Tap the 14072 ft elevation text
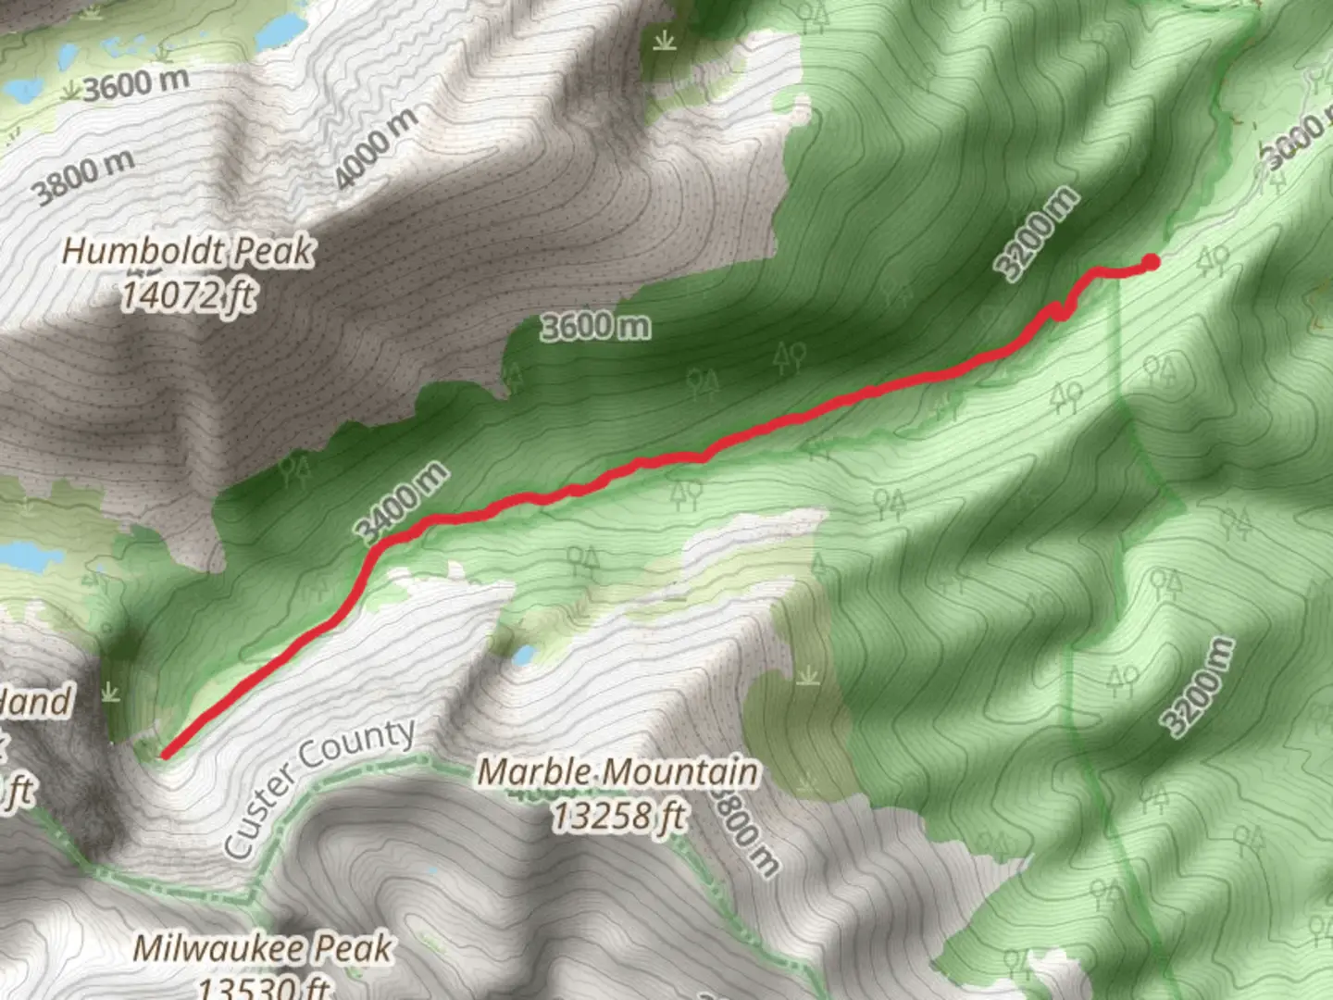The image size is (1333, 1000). (188, 295)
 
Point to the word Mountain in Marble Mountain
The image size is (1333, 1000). (679, 771)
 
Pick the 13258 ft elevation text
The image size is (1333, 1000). (618, 816)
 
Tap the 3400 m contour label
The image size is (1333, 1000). (401, 503)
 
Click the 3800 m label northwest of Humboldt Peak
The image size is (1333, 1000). (84, 176)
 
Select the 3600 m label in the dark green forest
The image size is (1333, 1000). (595, 326)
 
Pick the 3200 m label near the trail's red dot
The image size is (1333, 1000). (1037, 232)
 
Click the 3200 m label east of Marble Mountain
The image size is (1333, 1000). (1199, 687)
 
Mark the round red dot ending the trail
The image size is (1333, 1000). (1151, 262)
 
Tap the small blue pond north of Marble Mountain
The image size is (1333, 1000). (523, 656)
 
